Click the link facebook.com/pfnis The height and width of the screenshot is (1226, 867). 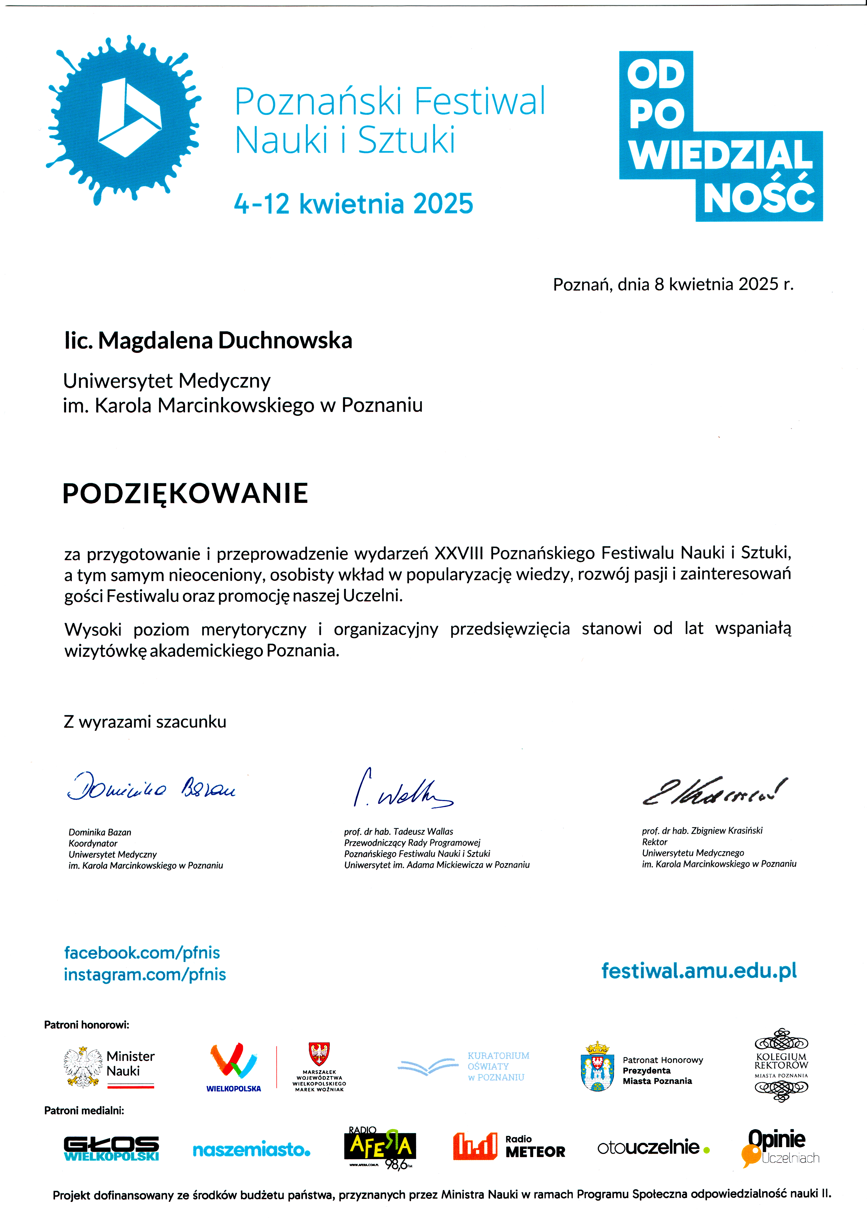tap(142, 953)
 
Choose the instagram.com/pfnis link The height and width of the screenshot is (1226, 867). tap(145, 975)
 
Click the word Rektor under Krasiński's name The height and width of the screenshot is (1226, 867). tap(654, 842)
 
